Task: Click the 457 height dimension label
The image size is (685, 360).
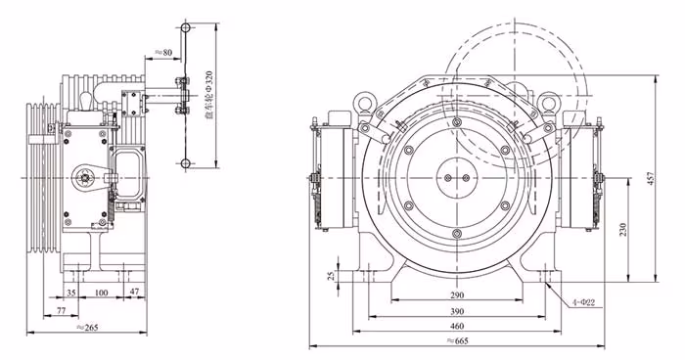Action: pos(651,179)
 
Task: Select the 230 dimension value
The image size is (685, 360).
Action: pos(623,229)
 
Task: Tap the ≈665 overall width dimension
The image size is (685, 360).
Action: pos(457,340)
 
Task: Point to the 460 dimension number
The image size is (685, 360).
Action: pos(457,326)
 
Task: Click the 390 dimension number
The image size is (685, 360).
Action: pos(457,311)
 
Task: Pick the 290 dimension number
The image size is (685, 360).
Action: pos(457,295)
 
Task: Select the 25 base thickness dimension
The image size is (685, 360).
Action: pos(332,275)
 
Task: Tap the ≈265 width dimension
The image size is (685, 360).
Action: pos(87,327)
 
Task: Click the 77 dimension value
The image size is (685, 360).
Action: pos(61,311)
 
